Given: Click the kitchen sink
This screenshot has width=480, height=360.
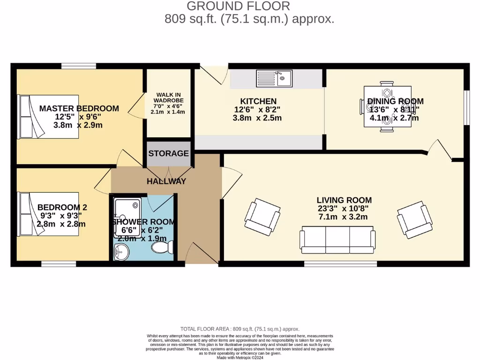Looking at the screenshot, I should pyautogui.click(x=274, y=79).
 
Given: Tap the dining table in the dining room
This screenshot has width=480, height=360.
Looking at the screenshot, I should pyautogui.click(x=388, y=106).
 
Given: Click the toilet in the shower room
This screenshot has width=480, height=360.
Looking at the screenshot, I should pyautogui.click(x=164, y=247).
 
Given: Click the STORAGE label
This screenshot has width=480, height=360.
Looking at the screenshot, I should pyautogui.click(x=169, y=153).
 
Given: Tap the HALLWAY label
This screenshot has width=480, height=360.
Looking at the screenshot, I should pyautogui.click(x=166, y=181).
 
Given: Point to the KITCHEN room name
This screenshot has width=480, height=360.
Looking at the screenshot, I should pyautogui.click(x=258, y=101).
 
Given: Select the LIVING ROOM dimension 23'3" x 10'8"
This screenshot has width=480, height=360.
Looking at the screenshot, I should pyautogui.click(x=344, y=209).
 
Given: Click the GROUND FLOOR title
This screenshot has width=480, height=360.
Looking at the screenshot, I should pyautogui.click(x=238, y=6).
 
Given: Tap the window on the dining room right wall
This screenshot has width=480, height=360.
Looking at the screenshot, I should pyautogui.click(x=466, y=107).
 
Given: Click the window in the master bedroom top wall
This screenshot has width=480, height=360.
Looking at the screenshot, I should pyautogui.click(x=78, y=66).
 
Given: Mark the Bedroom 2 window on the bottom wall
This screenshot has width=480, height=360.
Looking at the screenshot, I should pyautogui.click(x=59, y=264).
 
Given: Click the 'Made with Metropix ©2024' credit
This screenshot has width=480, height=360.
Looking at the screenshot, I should pyautogui.click(x=240, y=357).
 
